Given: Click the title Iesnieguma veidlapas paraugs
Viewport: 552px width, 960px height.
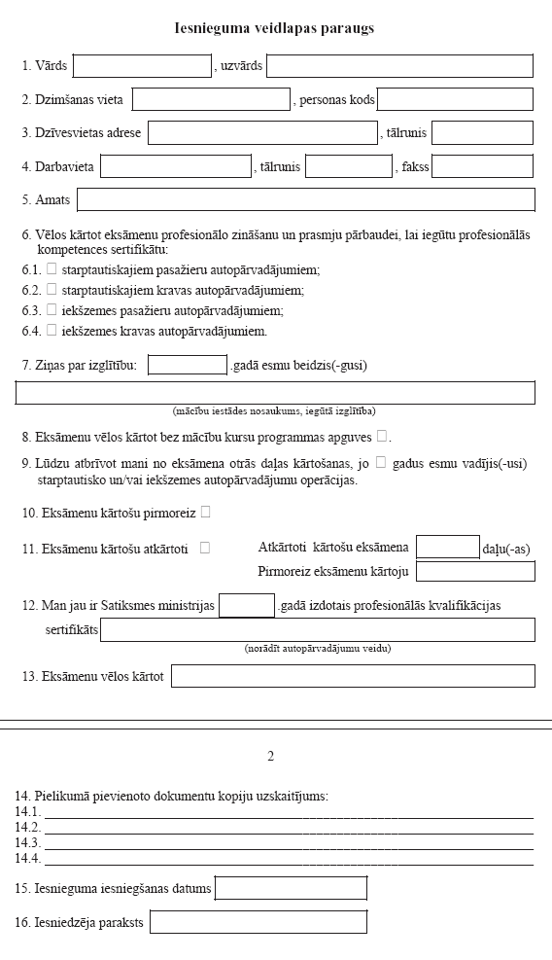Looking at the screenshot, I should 275,28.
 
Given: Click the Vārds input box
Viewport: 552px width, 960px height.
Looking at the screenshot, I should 142,66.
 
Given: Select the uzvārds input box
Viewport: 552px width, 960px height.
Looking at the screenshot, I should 399,66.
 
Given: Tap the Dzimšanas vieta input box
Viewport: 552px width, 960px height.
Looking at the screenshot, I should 211,99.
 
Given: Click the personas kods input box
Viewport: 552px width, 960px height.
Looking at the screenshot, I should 455,99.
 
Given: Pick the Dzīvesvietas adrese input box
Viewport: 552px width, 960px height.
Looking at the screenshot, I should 262,132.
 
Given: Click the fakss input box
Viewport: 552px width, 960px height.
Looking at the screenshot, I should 482,166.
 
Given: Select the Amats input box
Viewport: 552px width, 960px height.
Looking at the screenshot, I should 306,199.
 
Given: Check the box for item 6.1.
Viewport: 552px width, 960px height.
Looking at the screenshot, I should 52,268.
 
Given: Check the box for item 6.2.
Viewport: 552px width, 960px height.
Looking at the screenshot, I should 52,289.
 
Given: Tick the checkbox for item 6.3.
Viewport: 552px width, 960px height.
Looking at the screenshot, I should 52,310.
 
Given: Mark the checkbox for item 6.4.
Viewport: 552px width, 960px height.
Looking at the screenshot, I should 52,331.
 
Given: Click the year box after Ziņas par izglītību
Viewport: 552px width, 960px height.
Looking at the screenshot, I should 188,366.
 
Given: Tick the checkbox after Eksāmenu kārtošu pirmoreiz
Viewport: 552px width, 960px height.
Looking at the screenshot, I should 205,512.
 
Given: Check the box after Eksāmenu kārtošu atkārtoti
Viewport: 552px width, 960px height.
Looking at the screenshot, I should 204,548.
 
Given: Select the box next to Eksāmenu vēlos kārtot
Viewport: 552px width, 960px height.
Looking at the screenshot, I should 353,675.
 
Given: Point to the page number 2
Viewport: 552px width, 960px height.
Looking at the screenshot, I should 271,756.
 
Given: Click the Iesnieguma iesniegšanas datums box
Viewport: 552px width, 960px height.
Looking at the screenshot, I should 292,888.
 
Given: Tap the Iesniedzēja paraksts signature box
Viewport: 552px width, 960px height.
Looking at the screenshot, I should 259,922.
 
